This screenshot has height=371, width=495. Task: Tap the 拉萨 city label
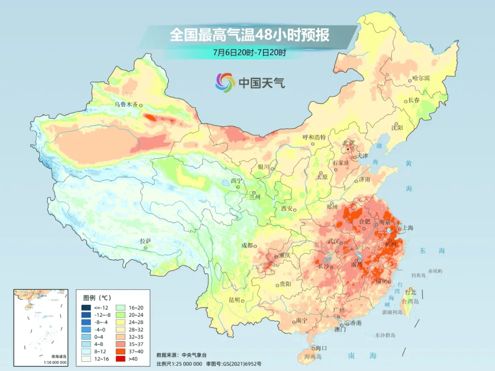tap(145, 241)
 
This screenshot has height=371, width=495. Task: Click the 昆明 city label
tap(234, 300)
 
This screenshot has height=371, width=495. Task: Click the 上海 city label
tap(408, 228)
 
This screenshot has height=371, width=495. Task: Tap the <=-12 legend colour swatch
tap(86, 307)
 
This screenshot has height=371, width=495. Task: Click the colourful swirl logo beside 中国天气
tap(225, 82)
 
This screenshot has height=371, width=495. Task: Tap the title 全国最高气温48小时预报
tap(249, 36)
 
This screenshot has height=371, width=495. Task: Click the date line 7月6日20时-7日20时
tap(249, 53)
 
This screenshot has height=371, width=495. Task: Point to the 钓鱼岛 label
tap(419, 275)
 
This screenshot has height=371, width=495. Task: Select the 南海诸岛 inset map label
tap(59, 356)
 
